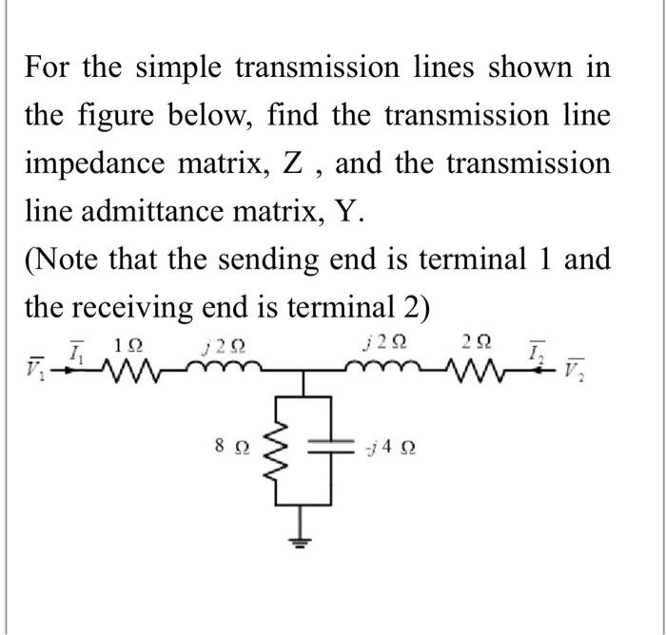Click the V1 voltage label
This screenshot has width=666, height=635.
tap(35, 366)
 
